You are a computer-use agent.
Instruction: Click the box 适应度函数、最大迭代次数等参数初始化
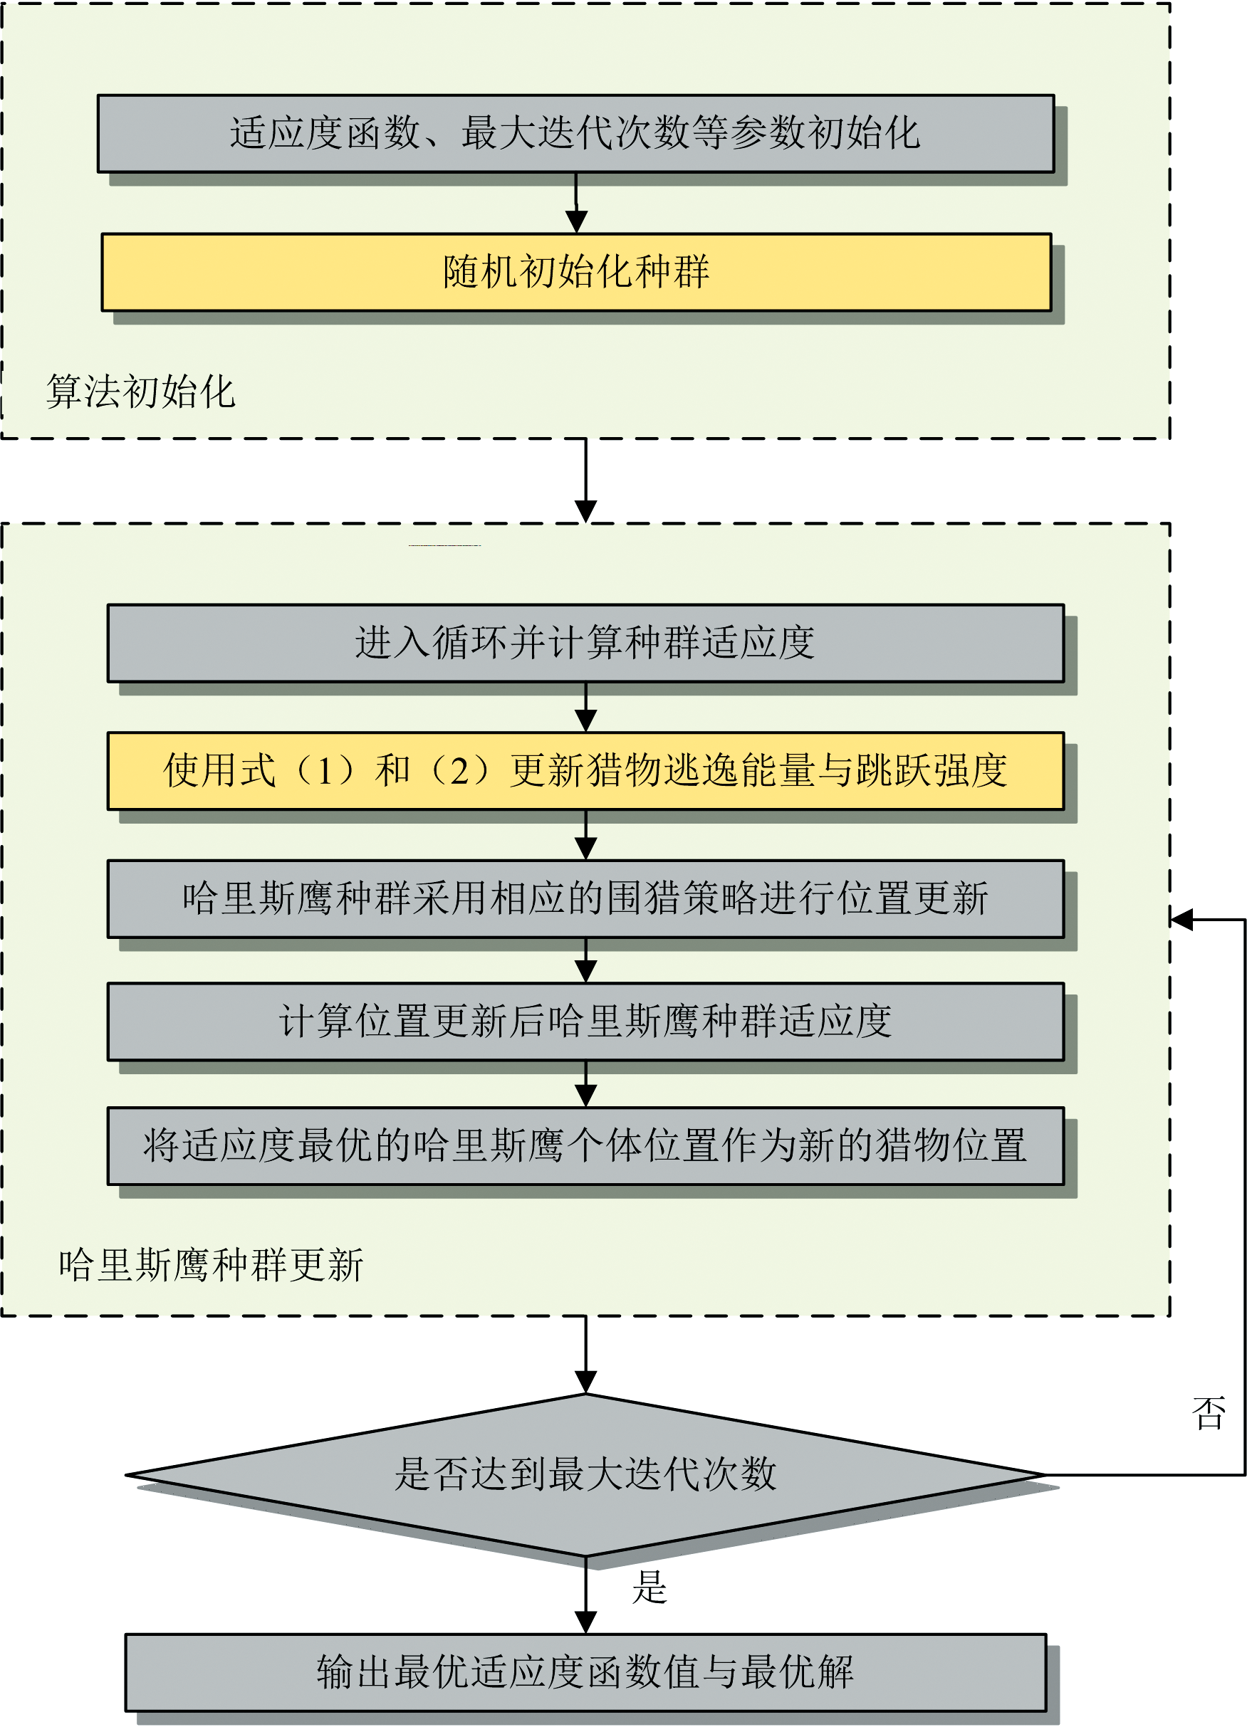pos(576,133)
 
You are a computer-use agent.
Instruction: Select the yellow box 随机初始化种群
pos(577,272)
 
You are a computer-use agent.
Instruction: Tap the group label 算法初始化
pos(141,392)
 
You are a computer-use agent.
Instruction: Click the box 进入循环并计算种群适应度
pos(586,643)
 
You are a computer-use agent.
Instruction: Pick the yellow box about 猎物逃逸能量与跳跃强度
pos(586,771)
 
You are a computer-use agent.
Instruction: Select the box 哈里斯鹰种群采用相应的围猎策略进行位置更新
pos(586,898)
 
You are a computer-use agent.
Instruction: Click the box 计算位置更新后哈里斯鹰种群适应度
pos(586,1022)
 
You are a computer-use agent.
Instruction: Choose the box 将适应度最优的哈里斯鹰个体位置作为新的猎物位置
pos(586,1146)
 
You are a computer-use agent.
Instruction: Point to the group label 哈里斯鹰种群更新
pos(211,1265)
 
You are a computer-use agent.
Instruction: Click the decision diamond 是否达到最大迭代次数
pos(586,1475)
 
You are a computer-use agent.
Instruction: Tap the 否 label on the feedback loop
pos(1209,1413)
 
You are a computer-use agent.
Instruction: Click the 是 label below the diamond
pos(649,1587)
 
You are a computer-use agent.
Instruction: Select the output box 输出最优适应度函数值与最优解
pos(586,1673)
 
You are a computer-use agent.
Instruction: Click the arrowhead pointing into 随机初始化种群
pos(577,221)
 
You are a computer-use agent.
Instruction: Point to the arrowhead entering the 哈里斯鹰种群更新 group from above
pos(586,512)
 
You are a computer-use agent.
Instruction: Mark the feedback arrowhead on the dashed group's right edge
pos(1181,920)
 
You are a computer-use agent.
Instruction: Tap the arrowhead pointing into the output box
pos(586,1622)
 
